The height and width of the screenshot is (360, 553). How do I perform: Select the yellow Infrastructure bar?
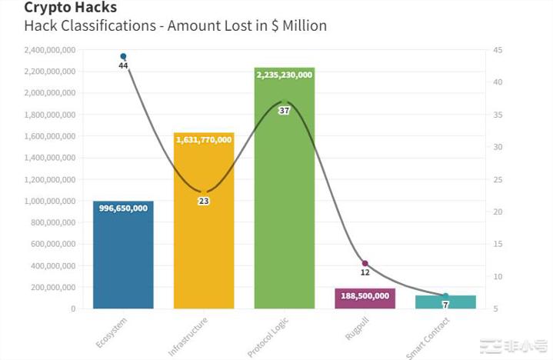click(204, 231)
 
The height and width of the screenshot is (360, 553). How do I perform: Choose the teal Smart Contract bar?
click(445, 302)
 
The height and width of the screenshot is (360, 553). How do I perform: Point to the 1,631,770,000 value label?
click(204, 140)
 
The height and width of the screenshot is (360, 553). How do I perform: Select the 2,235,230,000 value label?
click(285, 75)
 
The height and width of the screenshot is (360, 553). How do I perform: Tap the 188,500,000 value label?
click(365, 295)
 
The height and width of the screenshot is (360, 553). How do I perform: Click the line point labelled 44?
click(123, 56)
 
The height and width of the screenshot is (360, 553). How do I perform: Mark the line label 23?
click(204, 201)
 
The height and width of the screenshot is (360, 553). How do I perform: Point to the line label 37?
click(285, 111)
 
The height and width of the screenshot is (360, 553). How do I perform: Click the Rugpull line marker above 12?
click(365, 264)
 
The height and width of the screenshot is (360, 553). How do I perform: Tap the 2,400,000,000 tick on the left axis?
click(49, 50)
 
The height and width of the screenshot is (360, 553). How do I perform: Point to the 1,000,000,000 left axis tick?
click(49, 201)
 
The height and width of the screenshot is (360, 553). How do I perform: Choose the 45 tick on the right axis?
click(498, 50)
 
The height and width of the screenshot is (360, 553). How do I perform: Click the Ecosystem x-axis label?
click(112, 331)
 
